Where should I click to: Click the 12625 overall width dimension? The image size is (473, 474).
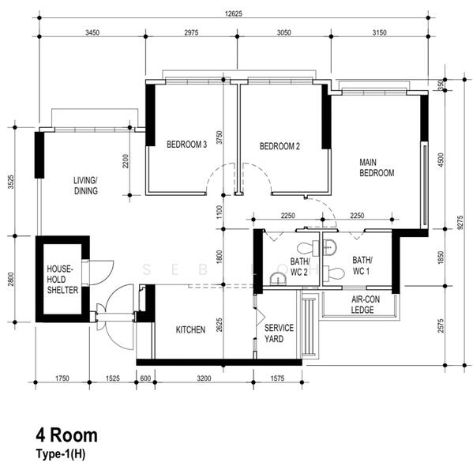coord(234,13)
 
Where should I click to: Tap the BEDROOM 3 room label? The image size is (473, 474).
coord(187,145)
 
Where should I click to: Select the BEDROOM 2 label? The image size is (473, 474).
coord(280,146)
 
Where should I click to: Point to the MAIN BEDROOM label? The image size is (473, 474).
coord(377,167)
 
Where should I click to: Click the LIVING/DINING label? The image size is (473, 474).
coord(85,186)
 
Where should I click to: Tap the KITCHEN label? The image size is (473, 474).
coord(190,329)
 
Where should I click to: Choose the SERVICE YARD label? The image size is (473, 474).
coord(279,333)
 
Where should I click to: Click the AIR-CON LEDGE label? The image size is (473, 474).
coord(365,305)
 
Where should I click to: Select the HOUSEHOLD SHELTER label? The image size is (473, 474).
coord(62,280)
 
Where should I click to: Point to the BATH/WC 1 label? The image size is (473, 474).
coord(362,265)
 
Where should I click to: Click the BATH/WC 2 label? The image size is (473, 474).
coord(299,267)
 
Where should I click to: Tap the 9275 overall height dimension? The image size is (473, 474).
coord(460,223)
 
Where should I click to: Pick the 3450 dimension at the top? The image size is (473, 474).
coord(92,32)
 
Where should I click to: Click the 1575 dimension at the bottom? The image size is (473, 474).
coord(277,378)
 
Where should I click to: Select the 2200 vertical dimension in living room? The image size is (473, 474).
coord(126,161)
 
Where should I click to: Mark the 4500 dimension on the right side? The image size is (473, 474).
coord(441,160)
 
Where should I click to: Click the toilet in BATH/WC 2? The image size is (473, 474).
coord(308,248)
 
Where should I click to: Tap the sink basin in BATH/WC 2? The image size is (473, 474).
coord(276,279)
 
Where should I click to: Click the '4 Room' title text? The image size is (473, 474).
coord(67,435)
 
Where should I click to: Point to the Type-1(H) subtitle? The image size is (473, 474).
coord(61,454)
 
